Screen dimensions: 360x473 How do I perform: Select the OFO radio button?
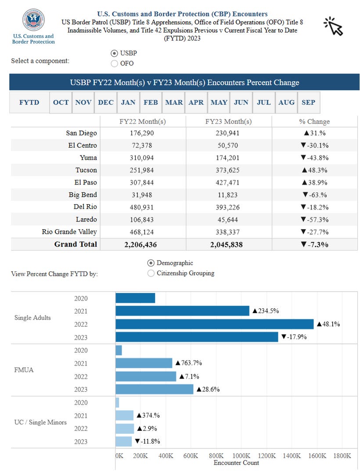[114, 63]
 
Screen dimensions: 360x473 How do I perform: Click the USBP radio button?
[114, 54]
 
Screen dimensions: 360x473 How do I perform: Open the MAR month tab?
[174, 103]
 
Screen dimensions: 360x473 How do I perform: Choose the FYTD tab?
[29, 103]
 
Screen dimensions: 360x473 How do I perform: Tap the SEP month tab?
[309, 103]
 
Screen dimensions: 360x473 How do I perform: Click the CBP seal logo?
[33, 20]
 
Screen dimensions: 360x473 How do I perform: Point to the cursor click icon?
[334, 26]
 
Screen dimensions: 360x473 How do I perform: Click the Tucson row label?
[86, 170]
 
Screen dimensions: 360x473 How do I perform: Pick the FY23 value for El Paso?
[228, 183]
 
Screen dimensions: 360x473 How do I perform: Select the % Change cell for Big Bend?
[315, 195]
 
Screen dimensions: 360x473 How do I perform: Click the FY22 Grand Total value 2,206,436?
[140, 245]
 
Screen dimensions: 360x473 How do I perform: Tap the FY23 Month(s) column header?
[229, 122]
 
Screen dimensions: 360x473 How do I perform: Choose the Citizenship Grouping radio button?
[151, 273]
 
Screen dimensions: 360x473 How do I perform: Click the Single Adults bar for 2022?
[215, 324]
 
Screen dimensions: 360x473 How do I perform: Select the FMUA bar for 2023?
[155, 389]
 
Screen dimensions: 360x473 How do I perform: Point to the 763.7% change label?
[189, 363]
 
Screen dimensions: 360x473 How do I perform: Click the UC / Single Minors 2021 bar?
[125, 415]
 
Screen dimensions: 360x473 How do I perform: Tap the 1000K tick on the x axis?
[241, 455]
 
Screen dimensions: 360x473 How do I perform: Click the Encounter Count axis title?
[236, 463]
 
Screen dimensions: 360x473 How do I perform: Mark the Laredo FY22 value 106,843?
[142, 220]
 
